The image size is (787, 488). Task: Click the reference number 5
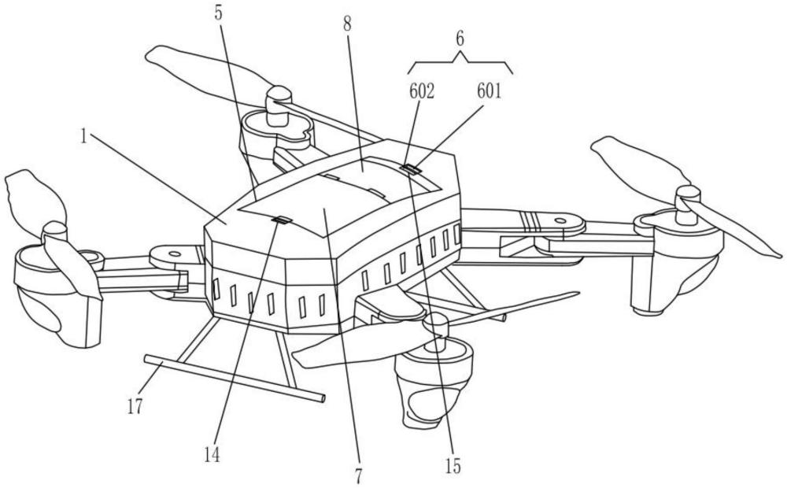(x=218, y=13)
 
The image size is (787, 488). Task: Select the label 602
(x=422, y=91)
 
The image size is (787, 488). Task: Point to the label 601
(x=490, y=91)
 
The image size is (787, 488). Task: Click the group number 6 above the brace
(x=460, y=39)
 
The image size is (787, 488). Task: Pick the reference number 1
(x=84, y=136)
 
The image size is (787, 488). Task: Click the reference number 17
(x=135, y=406)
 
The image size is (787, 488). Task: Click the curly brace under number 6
(x=460, y=63)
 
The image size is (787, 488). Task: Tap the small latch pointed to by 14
(x=282, y=220)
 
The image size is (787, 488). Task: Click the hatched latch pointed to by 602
(x=412, y=169)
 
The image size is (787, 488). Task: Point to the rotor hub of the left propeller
(x=54, y=236)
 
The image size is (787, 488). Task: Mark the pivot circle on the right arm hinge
(x=559, y=221)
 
